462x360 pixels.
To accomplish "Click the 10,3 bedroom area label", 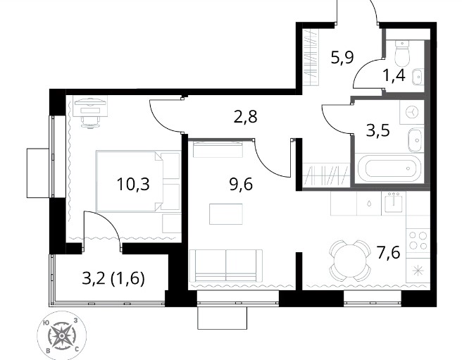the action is tap(133, 185).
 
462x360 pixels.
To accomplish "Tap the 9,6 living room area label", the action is tap(241, 185).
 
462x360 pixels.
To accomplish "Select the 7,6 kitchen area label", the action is tap(389, 253).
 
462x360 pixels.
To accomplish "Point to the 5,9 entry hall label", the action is tap(342, 58).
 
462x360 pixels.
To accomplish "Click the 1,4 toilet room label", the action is tap(394, 75).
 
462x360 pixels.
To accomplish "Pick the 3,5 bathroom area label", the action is tap(378, 130).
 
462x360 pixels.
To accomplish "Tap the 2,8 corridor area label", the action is tap(245, 116).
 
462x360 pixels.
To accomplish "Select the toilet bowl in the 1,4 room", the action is tap(402, 54).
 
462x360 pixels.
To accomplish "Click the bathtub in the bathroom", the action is tap(389, 168).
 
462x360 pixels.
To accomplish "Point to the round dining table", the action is tap(350, 261).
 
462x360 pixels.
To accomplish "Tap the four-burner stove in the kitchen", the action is tap(418, 241).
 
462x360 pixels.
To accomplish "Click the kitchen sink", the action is tap(394, 203).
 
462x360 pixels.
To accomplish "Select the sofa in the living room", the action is tap(226, 265).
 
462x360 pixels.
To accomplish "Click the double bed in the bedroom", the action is tap(138, 181).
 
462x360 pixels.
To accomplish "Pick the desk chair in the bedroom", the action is tap(90, 122).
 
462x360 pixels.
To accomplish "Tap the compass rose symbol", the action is tap(61, 336).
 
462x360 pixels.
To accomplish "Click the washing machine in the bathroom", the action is tap(411, 112).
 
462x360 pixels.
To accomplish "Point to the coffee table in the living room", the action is tap(226, 214).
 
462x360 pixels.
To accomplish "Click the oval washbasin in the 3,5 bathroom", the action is tap(416, 140).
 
